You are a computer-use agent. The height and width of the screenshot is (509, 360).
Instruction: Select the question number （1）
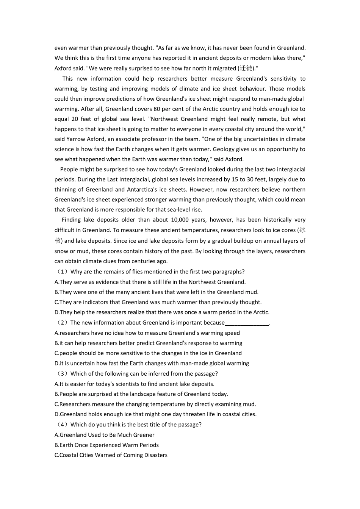tap(62, 272)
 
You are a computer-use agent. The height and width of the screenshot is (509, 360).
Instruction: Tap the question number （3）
tap(62, 374)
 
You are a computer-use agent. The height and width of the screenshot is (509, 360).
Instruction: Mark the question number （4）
tap(62, 425)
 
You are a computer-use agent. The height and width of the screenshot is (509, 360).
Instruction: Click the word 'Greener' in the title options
tap(144, 435)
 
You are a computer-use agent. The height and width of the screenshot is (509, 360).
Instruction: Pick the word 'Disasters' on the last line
tap(155, 455)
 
